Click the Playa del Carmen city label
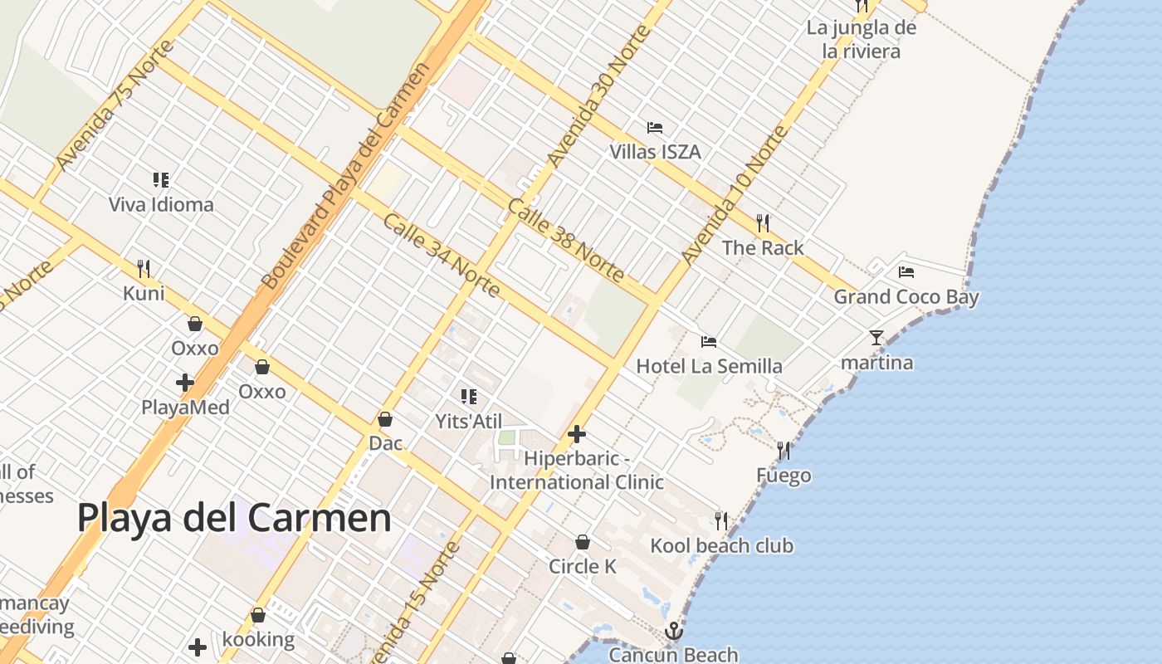click(x=234, y=518)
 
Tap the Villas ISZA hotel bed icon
click(x=655, y=128)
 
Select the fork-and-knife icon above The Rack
click(x=763, y=222)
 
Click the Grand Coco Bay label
click(x=906, y=297)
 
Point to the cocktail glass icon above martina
click(x=876, y=337)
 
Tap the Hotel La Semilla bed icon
click(x=709, y=341)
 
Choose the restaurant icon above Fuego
click(x=784, y=451)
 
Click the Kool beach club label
click(x=721, y=546)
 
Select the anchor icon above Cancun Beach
click(x=673, y=632)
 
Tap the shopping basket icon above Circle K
click(x=583, y=542)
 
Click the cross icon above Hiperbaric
click(x=577, y=433)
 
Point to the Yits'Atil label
click(x=469, y=422)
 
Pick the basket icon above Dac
click(x=385, y=419)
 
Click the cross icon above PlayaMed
click(x=185, y=383)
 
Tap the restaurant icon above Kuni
click(x=144, y=268)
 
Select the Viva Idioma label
click(x=161, y=204)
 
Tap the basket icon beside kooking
click(x=258, y=616)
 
